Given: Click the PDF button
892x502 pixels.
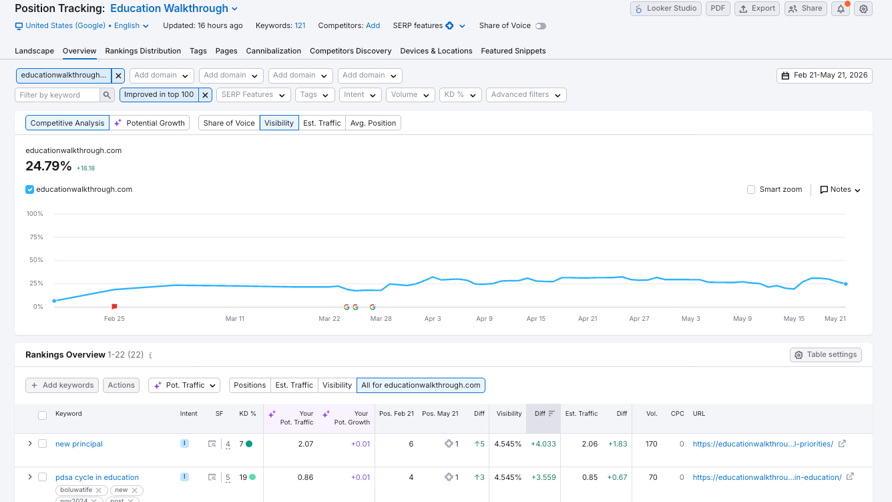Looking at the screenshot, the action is (718, 9).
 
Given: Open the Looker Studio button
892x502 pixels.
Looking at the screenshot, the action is (666, 9).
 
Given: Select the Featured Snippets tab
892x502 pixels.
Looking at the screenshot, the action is (513, 51).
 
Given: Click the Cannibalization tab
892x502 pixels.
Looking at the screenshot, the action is (273, 51).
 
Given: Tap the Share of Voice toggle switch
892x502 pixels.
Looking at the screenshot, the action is (540, 26).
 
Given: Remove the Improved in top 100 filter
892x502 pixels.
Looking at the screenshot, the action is (205, 95).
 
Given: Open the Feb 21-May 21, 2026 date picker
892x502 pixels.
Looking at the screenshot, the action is (824, 76).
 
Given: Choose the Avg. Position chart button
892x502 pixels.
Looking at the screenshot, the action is (373, 123).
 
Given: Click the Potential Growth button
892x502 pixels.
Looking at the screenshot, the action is (150, 123).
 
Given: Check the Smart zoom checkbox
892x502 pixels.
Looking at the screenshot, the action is (751, 190).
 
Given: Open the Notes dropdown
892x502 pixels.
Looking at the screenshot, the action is (840, 190).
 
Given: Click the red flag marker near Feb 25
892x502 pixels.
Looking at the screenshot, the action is (114, 306).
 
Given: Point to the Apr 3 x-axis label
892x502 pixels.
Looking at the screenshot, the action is (433, 319).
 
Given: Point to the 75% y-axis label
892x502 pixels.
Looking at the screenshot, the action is (36, 237).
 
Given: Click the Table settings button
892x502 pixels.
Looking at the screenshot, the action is (825, 355).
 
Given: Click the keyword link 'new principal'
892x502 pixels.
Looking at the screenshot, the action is (79, 444).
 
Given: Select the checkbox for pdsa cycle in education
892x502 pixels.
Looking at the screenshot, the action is (42, 477).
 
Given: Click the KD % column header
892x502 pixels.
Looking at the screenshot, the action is (247, 414).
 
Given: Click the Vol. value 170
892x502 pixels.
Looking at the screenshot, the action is (651, 444).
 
